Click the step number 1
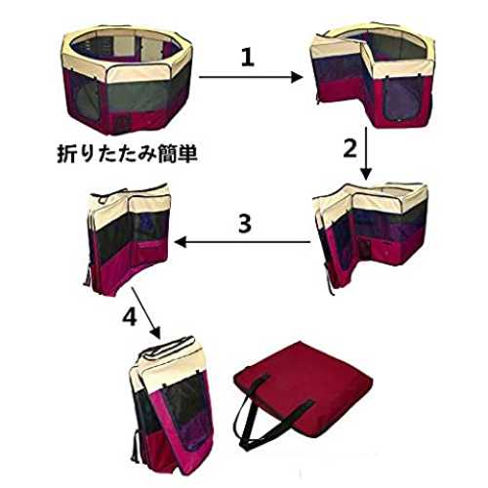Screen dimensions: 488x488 click(x=248, y=58)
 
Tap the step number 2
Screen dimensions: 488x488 click(x=350, y=148)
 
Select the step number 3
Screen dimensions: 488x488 click(x=245, y=224)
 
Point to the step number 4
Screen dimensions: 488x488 click(x=130, y=316)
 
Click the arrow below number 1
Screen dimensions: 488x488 click(x=251, y=77)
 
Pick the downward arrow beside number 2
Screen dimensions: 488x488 click(x=367, y=153)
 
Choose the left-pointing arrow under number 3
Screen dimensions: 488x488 click(x=242, y=242)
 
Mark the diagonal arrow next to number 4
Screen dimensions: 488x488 click(x=145, y=313)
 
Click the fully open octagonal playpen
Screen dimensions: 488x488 click(x=127, y=80)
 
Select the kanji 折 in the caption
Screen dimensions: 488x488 click(x=66, y=153)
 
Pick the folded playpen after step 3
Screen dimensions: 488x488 click(x=129, y=239)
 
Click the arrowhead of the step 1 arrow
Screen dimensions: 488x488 click(x=297, y=77)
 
